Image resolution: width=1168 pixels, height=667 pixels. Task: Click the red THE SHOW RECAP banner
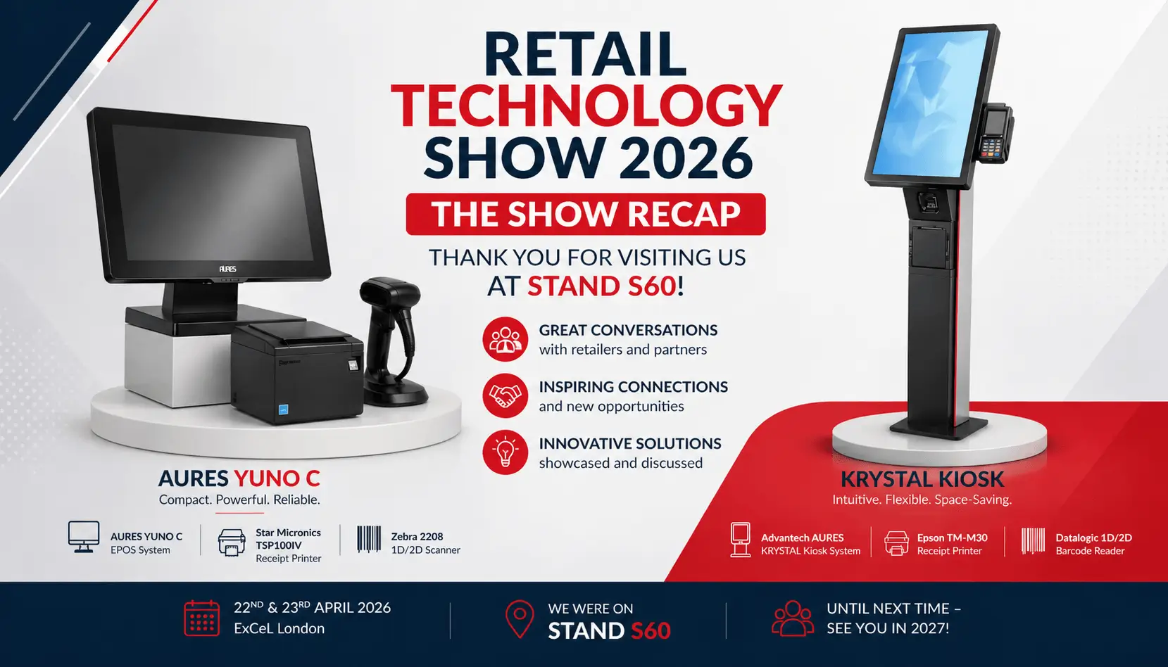coord(585,215)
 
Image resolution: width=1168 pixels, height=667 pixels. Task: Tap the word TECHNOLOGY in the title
coord(586,106)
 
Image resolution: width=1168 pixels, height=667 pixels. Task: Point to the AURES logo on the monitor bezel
coord(227,269)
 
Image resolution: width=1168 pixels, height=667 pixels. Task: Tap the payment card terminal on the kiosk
coord(995,133)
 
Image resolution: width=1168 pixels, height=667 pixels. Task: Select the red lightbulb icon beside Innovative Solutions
coord(505,452)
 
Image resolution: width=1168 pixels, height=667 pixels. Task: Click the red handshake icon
coord(505,395)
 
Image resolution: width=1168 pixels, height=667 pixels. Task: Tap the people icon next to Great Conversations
coord(505,339)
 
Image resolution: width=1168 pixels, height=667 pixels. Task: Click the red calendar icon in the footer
coord(201,618)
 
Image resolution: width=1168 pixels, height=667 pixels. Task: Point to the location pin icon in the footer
coord(520,618)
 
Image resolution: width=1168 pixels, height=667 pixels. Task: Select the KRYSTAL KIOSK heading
coord(922,479)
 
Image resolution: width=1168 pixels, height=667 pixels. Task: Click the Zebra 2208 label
coord(417,536)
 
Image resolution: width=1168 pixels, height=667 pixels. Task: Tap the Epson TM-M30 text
coord(952,538)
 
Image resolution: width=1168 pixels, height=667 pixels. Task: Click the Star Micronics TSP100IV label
coord(288,539)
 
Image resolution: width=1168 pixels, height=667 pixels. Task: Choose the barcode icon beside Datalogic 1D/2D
coord(1033,541)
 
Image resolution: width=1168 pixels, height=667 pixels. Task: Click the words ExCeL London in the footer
coord(279,628)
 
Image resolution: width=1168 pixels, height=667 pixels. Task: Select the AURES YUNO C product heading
coord(239,478)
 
